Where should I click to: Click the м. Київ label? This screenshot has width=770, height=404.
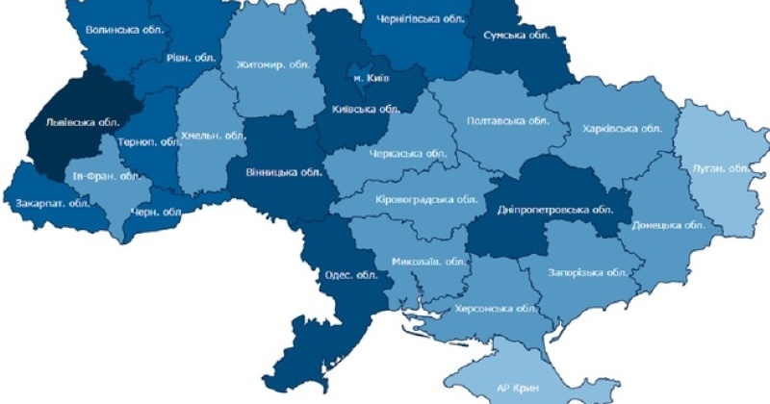pos(371,78)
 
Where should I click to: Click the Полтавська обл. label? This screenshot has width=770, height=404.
pos(506,121)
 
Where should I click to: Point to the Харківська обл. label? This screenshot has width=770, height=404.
pos(622,128)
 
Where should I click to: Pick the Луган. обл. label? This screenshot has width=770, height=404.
pos(720,168)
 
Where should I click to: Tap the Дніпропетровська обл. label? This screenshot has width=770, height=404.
pos(555,209)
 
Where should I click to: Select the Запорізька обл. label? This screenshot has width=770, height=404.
pos(588,272)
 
